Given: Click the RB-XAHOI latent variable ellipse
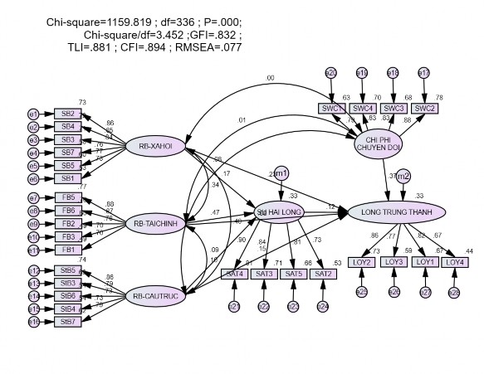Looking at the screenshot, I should click(x=155, y=147).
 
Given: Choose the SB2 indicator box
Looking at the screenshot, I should click(x=68, y=114).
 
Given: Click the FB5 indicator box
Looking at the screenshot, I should click(x=68, y=197).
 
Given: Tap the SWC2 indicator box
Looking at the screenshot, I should click(x=423, y=108).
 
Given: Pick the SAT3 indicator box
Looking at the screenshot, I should click(x=264, y=274).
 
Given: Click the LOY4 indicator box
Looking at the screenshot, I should click(x=453, y=262).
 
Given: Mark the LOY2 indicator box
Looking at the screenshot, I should click(x=362, y=262).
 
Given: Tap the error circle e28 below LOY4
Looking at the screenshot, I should click(x=453, y=292).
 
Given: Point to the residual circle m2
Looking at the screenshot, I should click(x=403, y=176).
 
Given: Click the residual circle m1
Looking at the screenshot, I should click(x=282, y=173).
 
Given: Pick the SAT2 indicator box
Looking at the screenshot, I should click(x=322, y=274).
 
